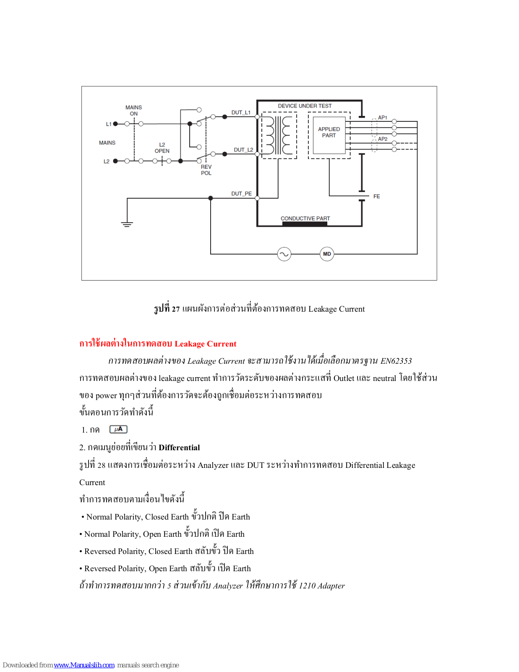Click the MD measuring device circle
pyautogui.click(x=327, y=254)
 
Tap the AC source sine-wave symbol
pyautogui.click(x=284, y=254)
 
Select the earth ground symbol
pyautogui.click(x=127, y=224)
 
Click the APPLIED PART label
pyautogui.click(x=329, y=132)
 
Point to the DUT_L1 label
pyautogui.click(x=241, y=113)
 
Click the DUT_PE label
pyautogui.click(x=241, y=194)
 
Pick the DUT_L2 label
pyautogui.click(x=243, y=150)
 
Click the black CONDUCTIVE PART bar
pyautogui.click(x=305, y=224)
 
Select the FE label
pyautogui.click(x=376, y=196)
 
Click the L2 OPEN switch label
pyautogui.click(x=162, y=148)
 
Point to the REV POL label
pyautogui.click(x=206, y=170)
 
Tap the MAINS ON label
pyautogui.click(x=133, y=110)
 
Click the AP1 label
pyautogui.click(x=382, y=118)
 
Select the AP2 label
pyautogui.click(x=382, y=139)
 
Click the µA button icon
pyautogui.click(x=118, y=429)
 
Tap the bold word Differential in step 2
pyautogui.click(x=179, y=448)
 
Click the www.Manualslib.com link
pyautogui.click(x=84, y=665)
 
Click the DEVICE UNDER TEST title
pyautogui.click(x=305, y=106)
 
